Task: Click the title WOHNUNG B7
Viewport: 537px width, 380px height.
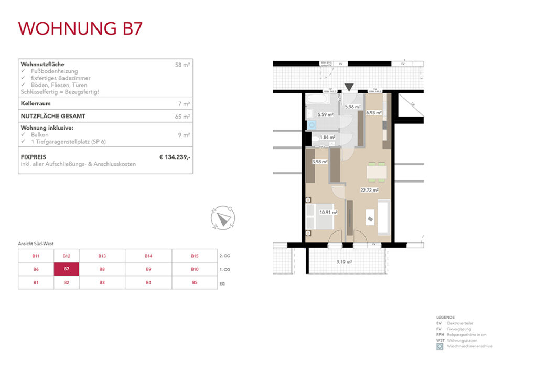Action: tap(80, 28)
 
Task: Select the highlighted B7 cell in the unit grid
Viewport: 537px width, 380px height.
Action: tap(67, 269)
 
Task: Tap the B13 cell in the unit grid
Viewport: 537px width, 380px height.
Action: tap(102, 256)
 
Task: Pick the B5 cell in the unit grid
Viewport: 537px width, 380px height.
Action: tap(195, 283)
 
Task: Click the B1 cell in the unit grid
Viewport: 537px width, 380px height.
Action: tap(36, 283)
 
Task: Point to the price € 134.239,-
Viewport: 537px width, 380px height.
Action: tap(175, 156)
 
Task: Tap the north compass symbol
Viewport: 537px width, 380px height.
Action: tap(223, 217)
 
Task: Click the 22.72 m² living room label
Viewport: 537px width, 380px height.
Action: tap(369, 191)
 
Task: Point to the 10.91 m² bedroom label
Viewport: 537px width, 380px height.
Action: tap(328, 212)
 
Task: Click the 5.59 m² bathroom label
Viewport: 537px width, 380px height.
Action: tap(326, 114)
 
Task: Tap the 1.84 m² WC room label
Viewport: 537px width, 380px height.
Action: tap(327, 137)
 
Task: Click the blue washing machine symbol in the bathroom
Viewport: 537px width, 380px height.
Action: tap(312, 125)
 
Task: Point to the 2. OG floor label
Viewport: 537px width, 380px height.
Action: tap(224, 256)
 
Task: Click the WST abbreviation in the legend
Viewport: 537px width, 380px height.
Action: tap(439, 341)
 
